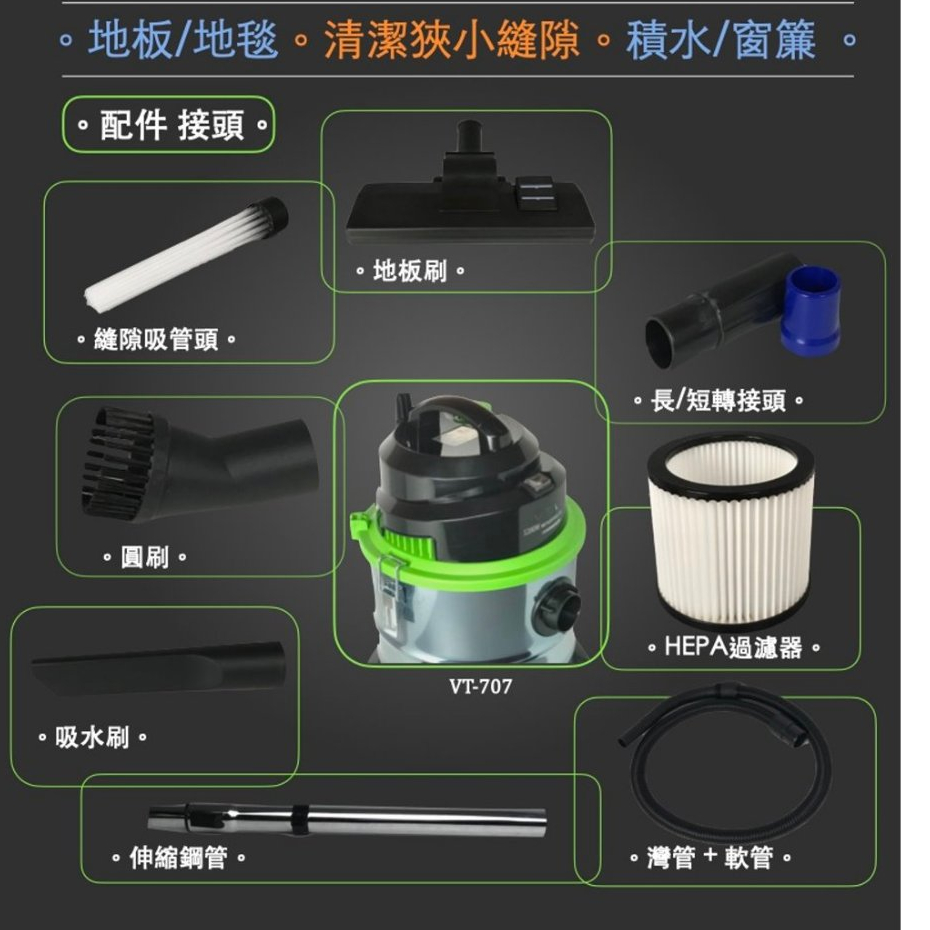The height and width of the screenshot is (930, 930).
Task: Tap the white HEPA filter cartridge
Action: click(731, 529)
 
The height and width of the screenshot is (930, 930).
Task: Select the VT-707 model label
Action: click(480, 686)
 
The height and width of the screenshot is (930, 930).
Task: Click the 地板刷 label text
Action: click(409, 271)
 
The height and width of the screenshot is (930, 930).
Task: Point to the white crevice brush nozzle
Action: click(186, 251)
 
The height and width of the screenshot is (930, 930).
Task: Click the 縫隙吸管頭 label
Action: click(156, 340)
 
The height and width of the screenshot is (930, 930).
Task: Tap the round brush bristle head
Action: click(119, 463)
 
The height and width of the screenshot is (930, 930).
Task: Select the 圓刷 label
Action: click(145, 557)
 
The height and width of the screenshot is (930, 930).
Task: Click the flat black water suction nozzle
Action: click(159, 668)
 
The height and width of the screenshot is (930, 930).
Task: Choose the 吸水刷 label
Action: click(92, 738)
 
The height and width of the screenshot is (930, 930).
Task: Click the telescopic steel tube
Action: click(347, 819)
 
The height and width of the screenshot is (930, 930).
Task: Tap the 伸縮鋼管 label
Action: click(178, 858)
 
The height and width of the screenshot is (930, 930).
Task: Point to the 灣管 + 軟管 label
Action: click(710, 857)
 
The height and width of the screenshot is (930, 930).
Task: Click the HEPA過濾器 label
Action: click(733, 646)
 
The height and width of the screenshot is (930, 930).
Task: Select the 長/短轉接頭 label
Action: click(718, 400)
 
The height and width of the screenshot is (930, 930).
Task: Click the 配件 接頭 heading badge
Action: click(169, 125)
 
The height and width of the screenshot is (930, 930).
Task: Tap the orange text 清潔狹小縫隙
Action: click(451, 40)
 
